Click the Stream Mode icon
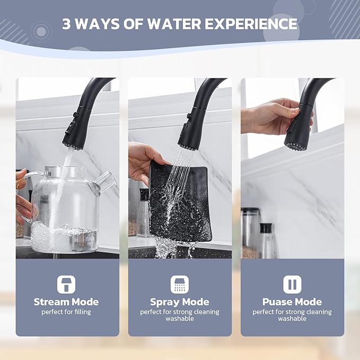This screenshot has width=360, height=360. coord(66,285)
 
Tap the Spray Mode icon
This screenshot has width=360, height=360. coord(180,285)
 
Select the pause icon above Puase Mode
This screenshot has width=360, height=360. coord(292,285)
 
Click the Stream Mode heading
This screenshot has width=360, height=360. coord(66,302)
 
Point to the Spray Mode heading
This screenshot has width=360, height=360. coord(180,302)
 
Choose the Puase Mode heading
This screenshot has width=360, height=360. coord(292,302)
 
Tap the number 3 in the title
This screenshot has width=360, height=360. coord(67,24)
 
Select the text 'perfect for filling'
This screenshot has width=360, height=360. coord(66,312)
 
